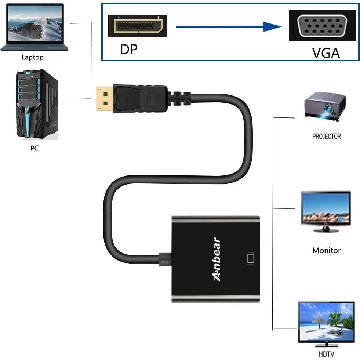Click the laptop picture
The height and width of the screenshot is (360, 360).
32,27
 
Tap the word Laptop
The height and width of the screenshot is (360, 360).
32,57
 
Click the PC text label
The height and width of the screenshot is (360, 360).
34,149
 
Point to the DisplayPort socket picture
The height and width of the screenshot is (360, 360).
138,26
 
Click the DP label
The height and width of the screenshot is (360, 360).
128,49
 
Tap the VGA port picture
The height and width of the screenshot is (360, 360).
322,25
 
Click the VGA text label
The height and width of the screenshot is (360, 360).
326,53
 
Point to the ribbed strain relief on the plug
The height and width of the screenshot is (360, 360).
180,99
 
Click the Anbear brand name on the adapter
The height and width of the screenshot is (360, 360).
217,259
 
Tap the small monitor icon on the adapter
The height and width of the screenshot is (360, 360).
251,258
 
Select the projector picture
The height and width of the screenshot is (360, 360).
325,106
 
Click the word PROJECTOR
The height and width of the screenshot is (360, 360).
327,137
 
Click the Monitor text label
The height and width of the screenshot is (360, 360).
327,251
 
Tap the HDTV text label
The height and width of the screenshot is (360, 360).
326,354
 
